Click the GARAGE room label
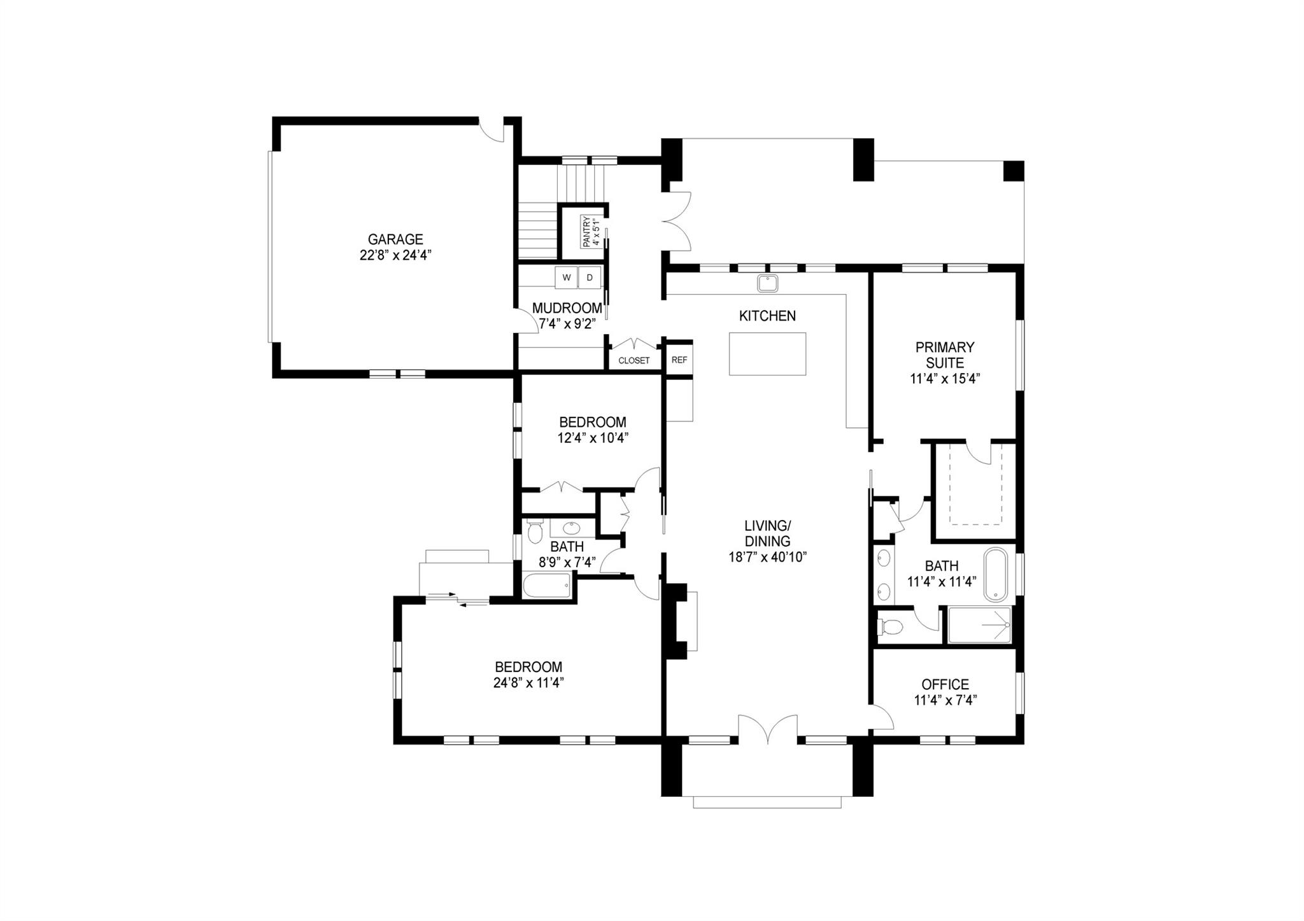tap(395, 239)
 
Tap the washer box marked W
tap(566, 278)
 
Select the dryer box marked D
tap(590, 278)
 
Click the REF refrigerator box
tap(679, 360)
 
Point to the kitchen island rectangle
tap(767, 354)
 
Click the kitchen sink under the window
tap(767, 283)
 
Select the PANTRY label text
tap(586, 232)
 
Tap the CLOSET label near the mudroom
tap(634, 360)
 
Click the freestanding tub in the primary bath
tap(996, 575)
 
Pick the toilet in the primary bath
tap(890, 628)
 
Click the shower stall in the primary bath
tap(979, 625)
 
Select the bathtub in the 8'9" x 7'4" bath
tap(547, 586)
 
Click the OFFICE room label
tap(946, 684)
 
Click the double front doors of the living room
tap(768, 729)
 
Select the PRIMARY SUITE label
tap(945, 355)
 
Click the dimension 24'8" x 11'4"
tap(529, 683)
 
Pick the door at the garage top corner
tap(492, 132)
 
